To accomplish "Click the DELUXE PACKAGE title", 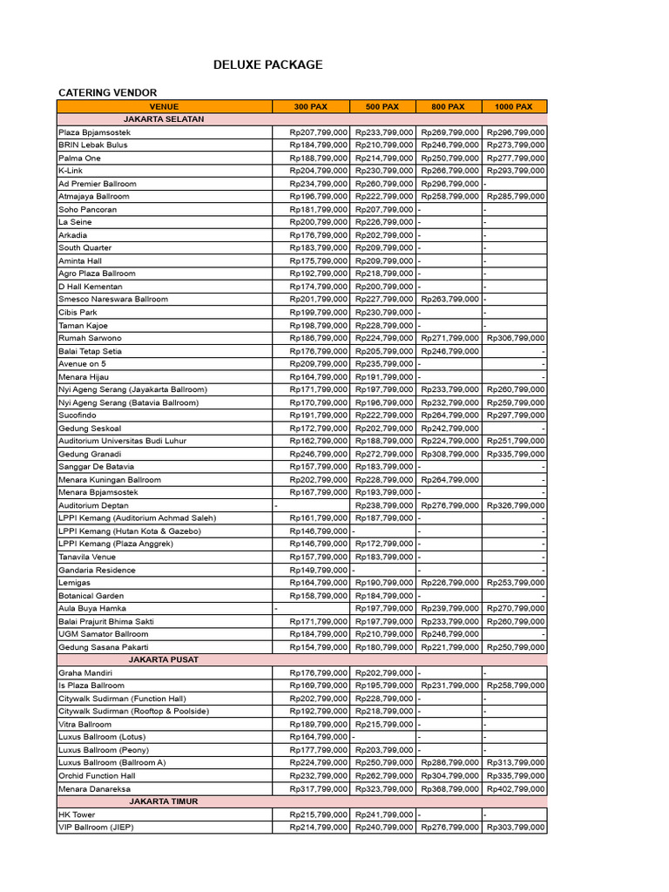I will click(x=268, y=64).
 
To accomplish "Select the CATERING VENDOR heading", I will click(x=107, y=92).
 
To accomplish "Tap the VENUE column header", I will click(x=164, y=106).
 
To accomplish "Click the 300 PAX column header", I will click(x=311, y=106).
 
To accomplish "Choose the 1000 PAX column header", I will click(x=514, y=106).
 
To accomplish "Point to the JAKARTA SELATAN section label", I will click(x=164, y=118).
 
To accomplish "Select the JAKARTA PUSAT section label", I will click(x=164, y=659).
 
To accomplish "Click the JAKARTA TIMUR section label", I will click(x=164, y=801).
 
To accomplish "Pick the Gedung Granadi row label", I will click(x=89, y=454).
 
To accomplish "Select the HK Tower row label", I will click(x=77, y=814).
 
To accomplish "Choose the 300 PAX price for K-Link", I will click(x=319, y=171).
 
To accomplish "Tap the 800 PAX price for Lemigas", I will click(x=449, y=583).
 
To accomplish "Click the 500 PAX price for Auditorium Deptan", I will click(x=384, y=505).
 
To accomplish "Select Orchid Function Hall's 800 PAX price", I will click(x=449, y=775).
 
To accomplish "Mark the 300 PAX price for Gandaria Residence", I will click(x=319, y=570).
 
